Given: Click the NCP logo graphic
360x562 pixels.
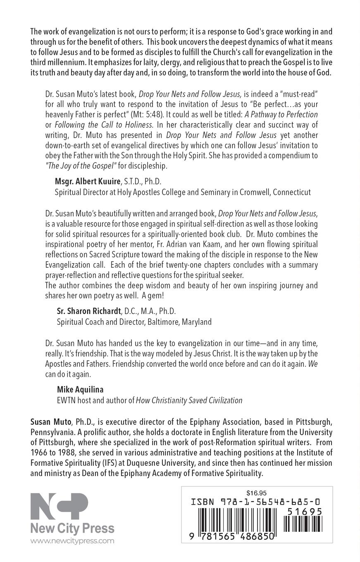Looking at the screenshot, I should point(59,506).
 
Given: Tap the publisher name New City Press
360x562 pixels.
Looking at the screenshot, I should point(72,528).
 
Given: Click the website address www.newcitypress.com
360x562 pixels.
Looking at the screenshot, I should point(72,541).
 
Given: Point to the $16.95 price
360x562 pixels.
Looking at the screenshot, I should point(256,493).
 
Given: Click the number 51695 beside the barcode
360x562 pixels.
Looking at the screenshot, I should point(305,512).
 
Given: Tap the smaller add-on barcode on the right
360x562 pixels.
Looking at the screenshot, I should point(305,524).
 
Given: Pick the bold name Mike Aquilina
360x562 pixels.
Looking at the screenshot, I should point(80,389).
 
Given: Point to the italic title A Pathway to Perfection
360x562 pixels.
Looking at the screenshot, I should point(285,114).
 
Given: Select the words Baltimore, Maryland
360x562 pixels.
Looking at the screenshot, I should point(180,321).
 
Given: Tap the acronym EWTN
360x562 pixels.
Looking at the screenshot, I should point(66,400).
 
